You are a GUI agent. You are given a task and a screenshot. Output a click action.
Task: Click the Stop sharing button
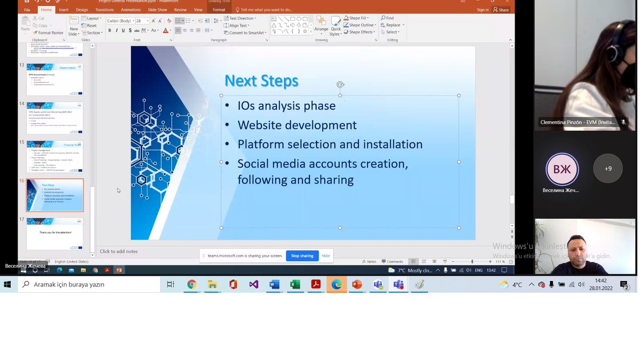click(x=302, y=255)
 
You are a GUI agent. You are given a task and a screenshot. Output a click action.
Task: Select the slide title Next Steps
click(x=261, y=81)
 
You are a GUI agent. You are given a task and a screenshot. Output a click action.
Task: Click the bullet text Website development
click(x=297, y=125)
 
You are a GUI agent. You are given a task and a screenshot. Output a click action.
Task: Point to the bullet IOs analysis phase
click(x=286, y=106)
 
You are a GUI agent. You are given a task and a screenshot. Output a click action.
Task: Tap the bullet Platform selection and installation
click(x=330, y=145)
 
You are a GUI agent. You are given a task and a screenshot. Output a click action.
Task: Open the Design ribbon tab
click(x=82, y=10)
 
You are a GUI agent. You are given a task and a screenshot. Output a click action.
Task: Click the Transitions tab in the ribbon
click(x=104, y=10)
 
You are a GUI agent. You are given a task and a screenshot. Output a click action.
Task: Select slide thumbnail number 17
click(x=55, y=233)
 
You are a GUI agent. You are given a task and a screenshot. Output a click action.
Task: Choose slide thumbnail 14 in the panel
click(x=55, y=118)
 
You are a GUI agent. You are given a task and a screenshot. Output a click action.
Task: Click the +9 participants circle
click(x=608, y=169)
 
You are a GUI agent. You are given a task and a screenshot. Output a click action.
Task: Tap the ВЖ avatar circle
click(x=562, y=169)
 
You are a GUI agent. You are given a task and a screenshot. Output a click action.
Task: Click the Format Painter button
click(x=50, y=33)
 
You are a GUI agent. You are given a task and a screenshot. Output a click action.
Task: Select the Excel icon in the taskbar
click(x=295, y=285)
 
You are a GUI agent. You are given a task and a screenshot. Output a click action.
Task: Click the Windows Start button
click(x=7, y=285)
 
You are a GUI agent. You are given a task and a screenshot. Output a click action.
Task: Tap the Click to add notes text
click(x=118, y=251)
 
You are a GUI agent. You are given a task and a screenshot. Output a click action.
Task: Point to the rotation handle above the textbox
click(x=340, y=85)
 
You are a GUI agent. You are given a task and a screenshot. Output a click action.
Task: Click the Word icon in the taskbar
click(x=274, y=285)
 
